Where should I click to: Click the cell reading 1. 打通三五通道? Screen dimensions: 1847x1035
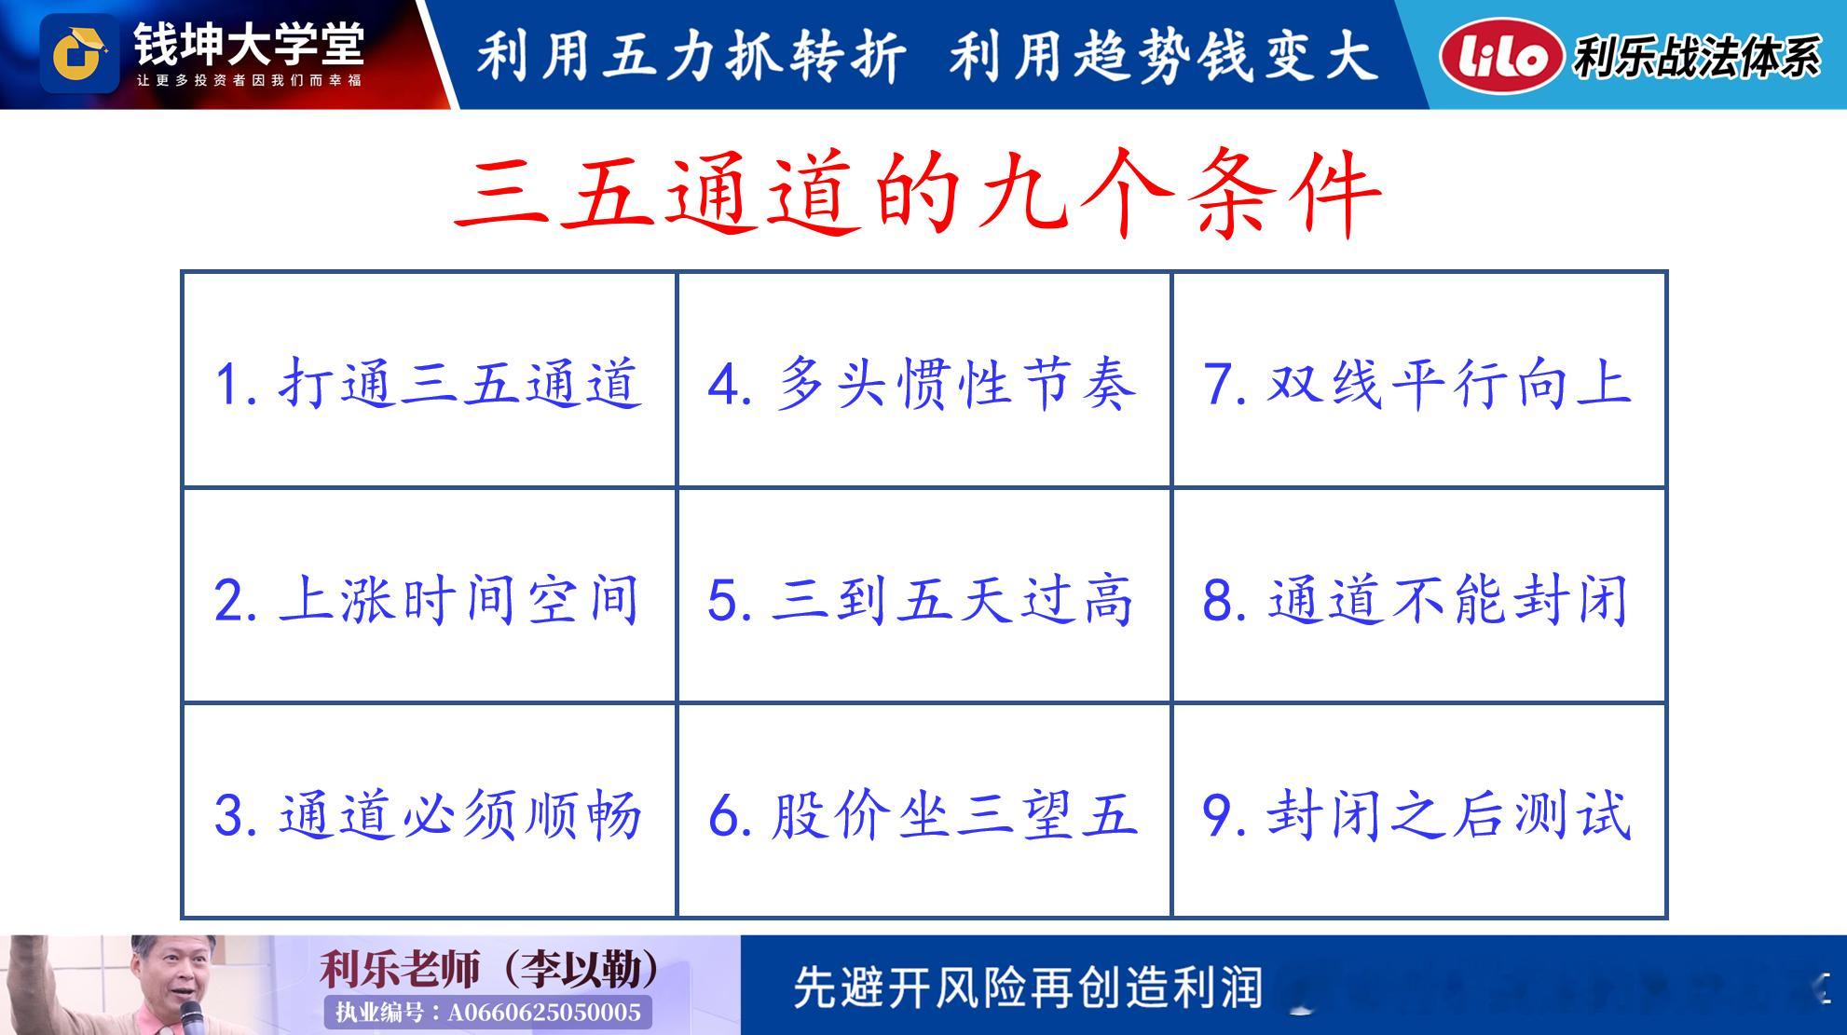429,380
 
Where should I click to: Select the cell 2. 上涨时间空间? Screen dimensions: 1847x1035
429,595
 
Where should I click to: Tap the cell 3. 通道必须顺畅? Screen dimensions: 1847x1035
429,810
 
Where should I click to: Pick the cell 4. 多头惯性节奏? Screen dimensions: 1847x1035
923,380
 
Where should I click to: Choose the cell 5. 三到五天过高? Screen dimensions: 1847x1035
923,595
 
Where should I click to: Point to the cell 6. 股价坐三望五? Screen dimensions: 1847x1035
923,810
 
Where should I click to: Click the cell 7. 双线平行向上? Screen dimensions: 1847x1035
1418,380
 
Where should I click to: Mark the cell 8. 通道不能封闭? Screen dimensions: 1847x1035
1418,595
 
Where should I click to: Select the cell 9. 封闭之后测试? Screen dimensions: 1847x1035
1418,810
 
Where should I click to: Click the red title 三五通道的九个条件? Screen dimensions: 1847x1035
918,194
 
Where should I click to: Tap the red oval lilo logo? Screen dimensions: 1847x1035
1501,57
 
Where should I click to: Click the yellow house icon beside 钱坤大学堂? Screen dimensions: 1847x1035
78,53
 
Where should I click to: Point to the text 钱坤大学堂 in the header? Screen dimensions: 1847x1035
248,42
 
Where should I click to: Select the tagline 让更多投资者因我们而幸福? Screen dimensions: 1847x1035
249,80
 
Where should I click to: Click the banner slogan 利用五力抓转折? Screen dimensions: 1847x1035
691,55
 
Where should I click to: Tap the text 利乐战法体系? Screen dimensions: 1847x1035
1697,57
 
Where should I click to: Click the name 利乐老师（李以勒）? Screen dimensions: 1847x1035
490,969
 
